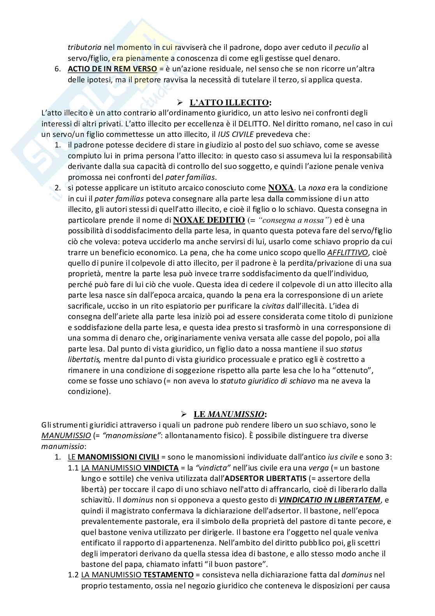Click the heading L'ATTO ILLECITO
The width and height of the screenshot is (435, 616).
click(229, 103)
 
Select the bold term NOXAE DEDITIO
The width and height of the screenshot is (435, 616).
click(209, 220)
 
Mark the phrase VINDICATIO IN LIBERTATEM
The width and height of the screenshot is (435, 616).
click(329, 500)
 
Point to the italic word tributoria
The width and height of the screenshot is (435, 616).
click(85, 48)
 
